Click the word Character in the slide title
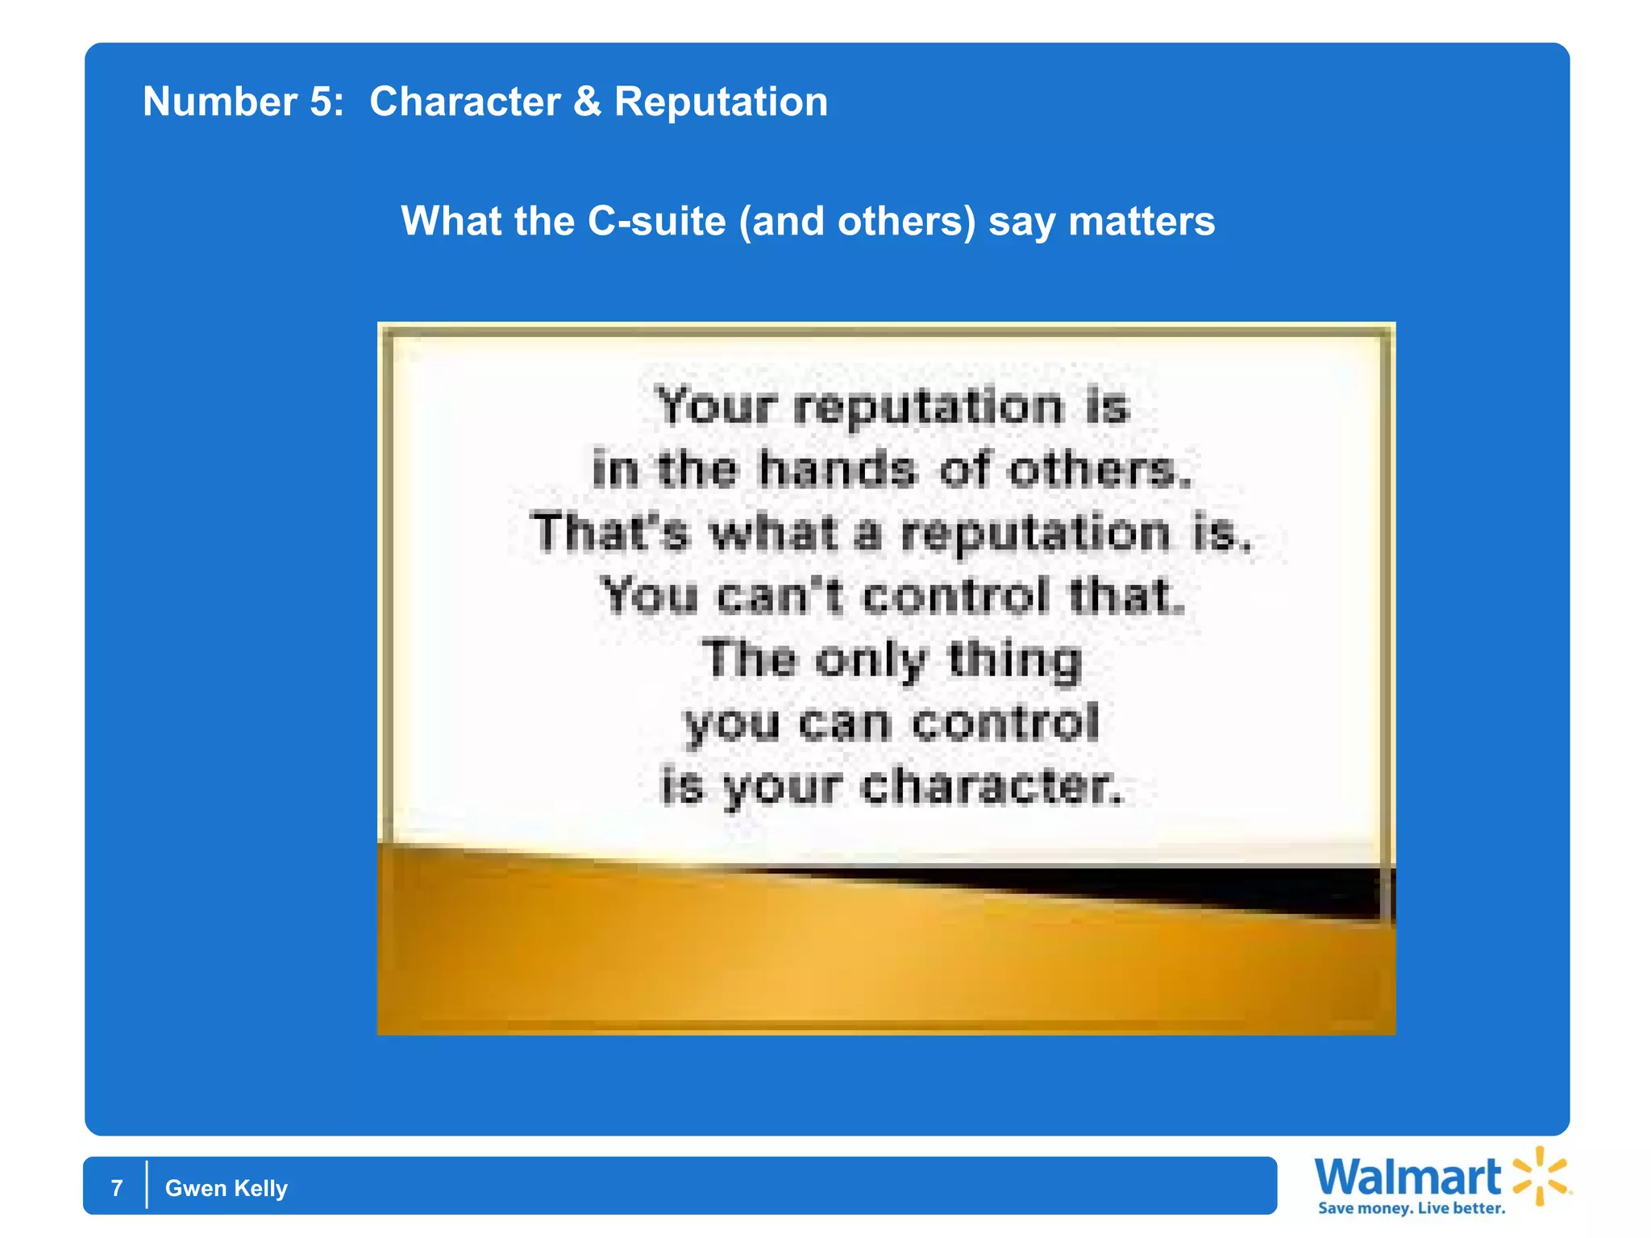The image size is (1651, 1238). pos(464,102)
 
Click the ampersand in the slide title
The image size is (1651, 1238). pos(588,102)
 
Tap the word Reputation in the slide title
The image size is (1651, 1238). pos(721,102)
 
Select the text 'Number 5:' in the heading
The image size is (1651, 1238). pos(243,102)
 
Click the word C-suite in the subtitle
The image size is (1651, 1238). pos(656,222)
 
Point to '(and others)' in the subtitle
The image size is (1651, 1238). pos(858,222)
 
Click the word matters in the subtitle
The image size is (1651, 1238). pos(1141,222)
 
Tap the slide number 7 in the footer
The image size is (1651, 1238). pos(117,1188)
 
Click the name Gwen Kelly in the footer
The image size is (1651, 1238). pos(226,1188)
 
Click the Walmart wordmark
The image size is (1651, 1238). pos(1408,1178)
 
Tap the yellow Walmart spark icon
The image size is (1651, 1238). pos(1541,1176)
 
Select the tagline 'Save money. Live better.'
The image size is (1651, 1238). pos(1411,1208)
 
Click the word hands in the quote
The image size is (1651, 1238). pos(838,469)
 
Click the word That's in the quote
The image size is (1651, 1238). pos(611,533)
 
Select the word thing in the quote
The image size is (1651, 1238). pos(1014,659)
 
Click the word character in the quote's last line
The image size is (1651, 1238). pos(992,786)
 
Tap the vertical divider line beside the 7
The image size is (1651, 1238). pos(147,1185)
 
